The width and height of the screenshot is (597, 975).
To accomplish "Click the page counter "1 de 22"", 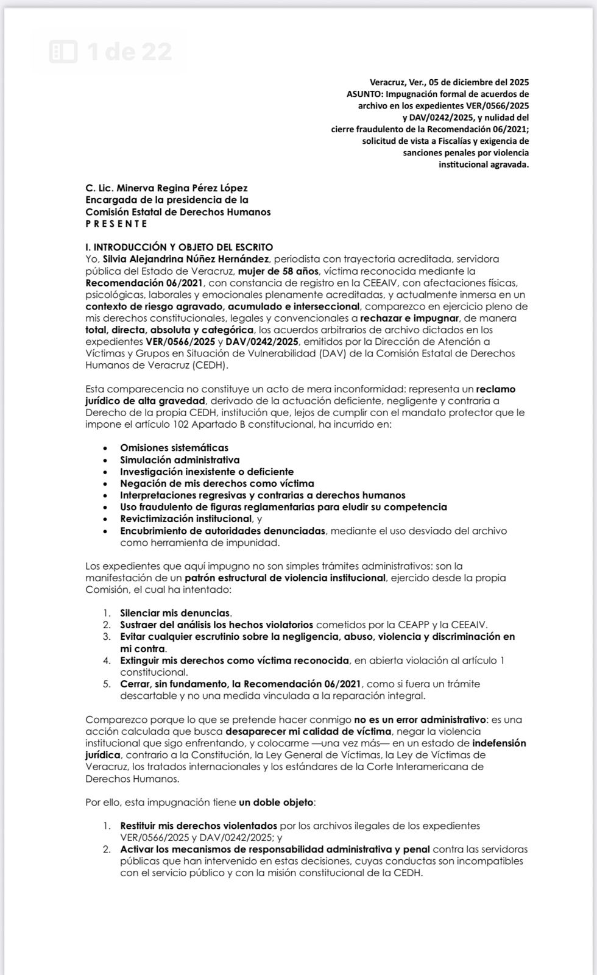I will tap(129, 52).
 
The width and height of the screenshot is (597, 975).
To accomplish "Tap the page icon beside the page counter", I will tap(63, 52).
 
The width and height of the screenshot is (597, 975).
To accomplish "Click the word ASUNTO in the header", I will tap(364, 94).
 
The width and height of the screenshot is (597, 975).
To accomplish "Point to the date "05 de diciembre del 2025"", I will tap(478, 82).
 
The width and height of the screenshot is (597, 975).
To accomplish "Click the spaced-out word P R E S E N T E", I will tap(116, 224).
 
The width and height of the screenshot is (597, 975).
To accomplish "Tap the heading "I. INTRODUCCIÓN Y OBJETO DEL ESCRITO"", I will tap(179, 247).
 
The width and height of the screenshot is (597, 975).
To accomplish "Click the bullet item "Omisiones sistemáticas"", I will tap(174, 448).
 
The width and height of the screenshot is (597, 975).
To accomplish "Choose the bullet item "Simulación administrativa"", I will tap(180, 460).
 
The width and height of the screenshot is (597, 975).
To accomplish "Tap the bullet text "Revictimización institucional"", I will tap(186, 519).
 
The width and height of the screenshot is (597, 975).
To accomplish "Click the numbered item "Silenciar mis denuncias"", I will tap(175, 613).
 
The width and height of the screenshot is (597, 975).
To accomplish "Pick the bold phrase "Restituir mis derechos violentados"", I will tap(199, 826).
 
